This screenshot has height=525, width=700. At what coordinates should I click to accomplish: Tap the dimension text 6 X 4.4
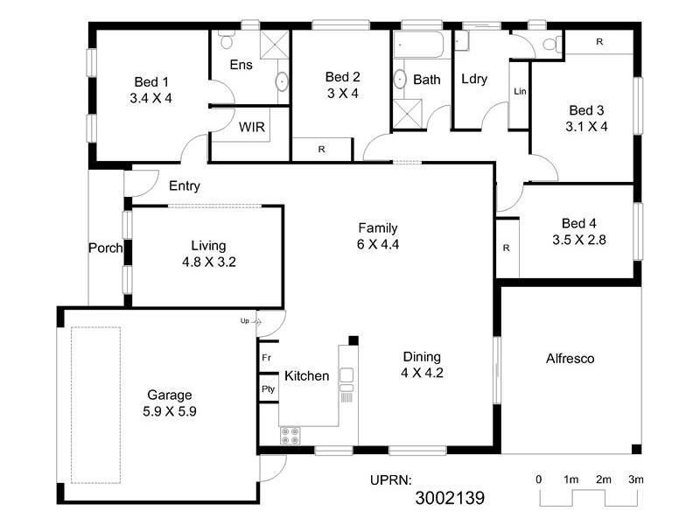[x=378, y=244]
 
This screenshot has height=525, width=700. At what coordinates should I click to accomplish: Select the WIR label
[x=251, y=127]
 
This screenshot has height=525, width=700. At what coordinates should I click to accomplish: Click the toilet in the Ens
[x=227, y=40]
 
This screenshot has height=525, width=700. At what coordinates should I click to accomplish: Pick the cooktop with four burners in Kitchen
[x=290, y=434]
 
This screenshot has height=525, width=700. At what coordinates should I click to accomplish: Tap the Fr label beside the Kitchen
[x=266, y=358]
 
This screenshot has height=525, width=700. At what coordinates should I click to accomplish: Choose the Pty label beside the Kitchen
[x=267, y=388]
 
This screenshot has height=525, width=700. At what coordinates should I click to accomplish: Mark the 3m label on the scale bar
[x=635, y=479]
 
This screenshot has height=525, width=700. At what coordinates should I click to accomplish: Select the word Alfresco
[x=570, y=358]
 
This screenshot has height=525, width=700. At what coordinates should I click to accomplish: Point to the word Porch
[x=105, y=248]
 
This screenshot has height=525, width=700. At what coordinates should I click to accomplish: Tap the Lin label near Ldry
[x=520, y=91]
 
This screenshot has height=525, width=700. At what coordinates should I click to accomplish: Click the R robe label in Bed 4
[x=506, y=248]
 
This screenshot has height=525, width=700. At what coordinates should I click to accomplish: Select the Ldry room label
[x=473, y=79]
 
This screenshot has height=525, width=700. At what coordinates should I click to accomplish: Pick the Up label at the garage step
[x=245, y=321]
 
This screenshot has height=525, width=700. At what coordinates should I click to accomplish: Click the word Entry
[x=185, y=185]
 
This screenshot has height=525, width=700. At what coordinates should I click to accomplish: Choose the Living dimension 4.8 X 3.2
[x=209, y=261]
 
